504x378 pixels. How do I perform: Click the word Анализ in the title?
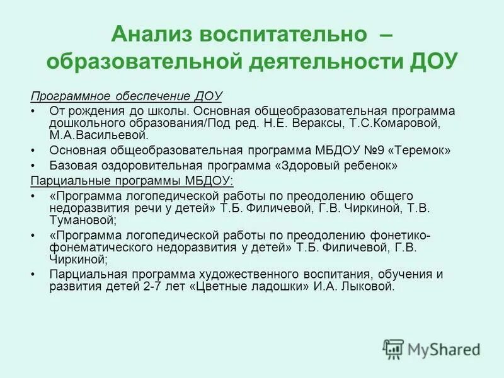click(x=151, y=33)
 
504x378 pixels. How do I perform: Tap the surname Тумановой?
click(x=81, y=220)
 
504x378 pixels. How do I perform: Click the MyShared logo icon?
click(x=393, y=349)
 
